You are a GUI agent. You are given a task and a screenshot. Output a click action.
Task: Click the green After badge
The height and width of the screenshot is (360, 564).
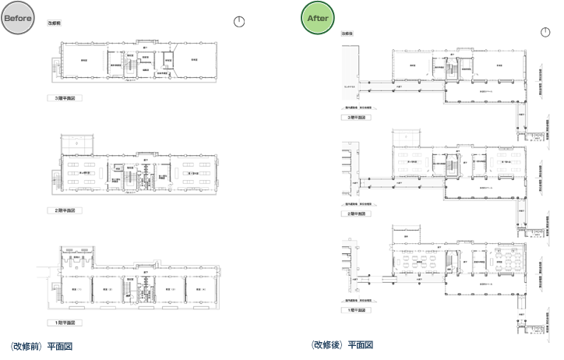click(x=319, y=18)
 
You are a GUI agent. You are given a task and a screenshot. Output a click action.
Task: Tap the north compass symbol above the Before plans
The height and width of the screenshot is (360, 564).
click(x=240, y=23)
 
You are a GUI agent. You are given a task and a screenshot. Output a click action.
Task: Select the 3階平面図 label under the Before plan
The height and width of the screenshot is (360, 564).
click(x=65, y=99)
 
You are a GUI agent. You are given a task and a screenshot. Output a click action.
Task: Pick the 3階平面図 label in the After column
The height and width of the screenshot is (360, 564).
click(x=358, y=118)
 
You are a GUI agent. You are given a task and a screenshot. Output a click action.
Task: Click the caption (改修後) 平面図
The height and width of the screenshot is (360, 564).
click(x=341, y=345)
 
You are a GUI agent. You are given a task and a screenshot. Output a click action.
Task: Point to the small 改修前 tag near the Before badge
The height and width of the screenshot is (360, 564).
click(x=55, y=24)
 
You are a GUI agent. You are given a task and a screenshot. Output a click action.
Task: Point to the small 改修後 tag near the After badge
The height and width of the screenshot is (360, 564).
click(x=347, y=34)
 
